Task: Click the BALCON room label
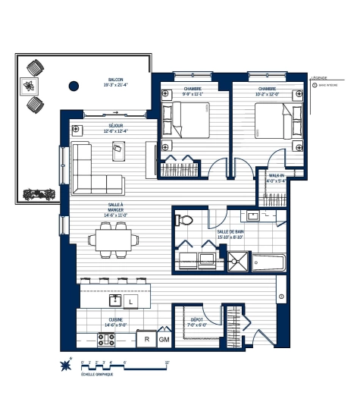pos(115,80)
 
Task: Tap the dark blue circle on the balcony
pos(74,86)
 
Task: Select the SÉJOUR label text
pos(116,126)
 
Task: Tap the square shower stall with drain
pos(236,262)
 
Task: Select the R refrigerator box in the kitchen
pos(146,340)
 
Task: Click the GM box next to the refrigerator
pos(164,340)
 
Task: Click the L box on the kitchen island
pos(130,302)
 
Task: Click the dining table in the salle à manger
pos(114,240)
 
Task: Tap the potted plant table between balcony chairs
pos(31,86)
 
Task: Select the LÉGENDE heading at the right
pos(319,77)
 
